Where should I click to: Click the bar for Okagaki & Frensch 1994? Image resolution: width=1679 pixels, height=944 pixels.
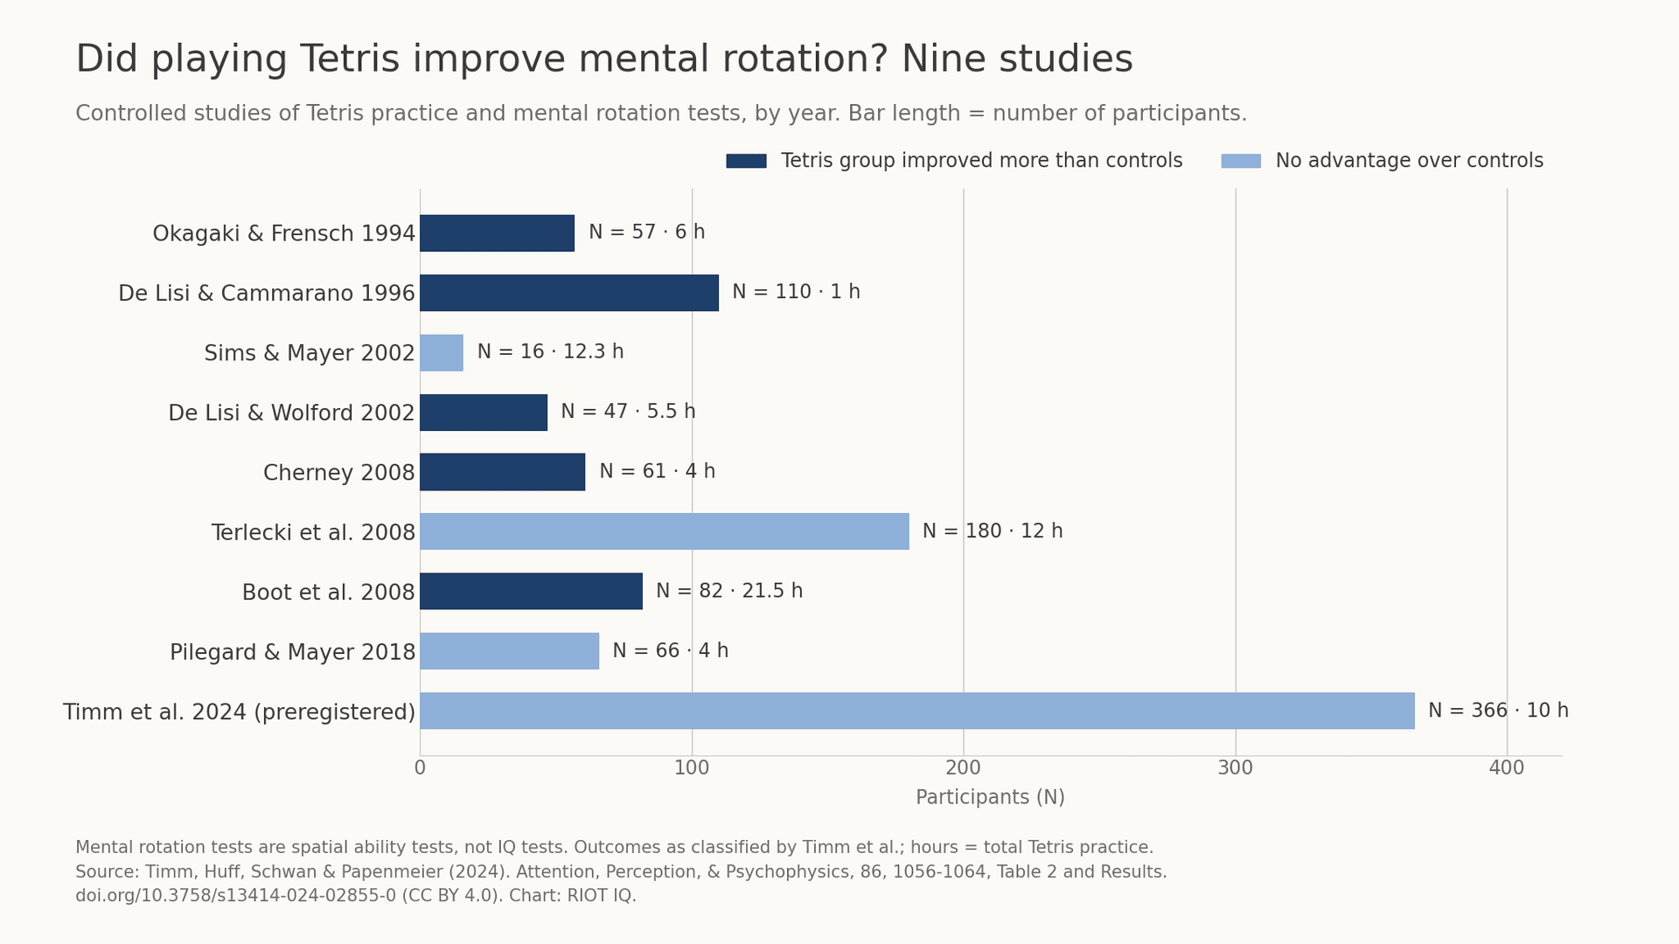click(x=497, y=233)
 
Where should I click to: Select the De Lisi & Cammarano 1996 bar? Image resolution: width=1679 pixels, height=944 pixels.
click(x=569, y=293)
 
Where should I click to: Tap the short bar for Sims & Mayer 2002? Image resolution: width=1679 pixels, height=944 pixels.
click(x=442, y=352)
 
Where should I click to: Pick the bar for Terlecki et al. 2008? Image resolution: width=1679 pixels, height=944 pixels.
click(x=665, y=531)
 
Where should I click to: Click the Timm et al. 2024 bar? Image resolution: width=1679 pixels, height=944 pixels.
click(x=917, y=711)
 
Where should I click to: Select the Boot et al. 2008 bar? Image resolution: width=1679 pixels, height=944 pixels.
click(x=531, y=591)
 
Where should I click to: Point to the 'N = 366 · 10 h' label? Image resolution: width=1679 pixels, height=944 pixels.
click(x=1498, y=711)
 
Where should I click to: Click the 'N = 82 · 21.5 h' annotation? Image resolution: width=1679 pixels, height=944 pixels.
click(x=729, y=591)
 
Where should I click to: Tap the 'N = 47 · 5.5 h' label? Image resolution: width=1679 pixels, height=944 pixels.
click(x=628, y=412)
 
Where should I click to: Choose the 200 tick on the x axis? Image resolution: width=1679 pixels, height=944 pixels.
click(x=963, y=768)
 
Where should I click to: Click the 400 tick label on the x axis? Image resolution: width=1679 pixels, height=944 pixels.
click(x=1507, y=768)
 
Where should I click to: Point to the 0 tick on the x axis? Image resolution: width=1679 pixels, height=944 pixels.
click(x=420, y=768)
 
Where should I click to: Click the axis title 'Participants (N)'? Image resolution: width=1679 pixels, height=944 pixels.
click(x=990, y=798)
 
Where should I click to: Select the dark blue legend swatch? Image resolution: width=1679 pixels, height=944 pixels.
click(x=746, y=161)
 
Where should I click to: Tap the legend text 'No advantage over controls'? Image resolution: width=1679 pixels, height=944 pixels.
click(x=1410, y=161)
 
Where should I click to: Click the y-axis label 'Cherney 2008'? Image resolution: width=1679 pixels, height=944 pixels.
click(x=339, y=473)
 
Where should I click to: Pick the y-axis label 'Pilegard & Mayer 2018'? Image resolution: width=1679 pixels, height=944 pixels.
click(x=292, y=653)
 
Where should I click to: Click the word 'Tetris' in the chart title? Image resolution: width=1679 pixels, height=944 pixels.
click(x=350, y=59)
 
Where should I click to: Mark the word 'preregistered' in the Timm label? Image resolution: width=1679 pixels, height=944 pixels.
click(x=334, y=712)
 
